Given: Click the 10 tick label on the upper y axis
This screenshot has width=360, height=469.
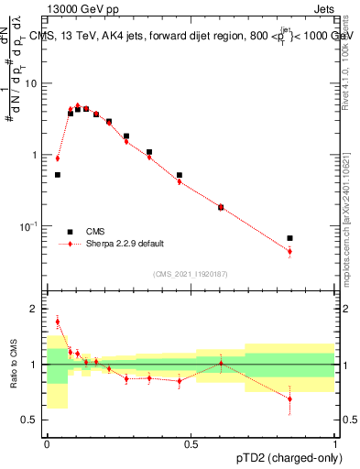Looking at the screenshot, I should pyautogui.click(x=34, y=83).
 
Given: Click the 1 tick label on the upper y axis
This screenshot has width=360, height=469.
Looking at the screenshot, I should pyautogui.click(x=38, y=155).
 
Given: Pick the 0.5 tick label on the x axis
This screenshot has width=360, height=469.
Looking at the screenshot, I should pyautogui.click(x=191, y=444).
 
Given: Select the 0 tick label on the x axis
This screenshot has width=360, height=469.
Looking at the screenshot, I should pyautogui.click(x=47, y=444).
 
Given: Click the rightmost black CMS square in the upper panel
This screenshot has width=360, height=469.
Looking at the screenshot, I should pyautogui.click(x=290, y=238).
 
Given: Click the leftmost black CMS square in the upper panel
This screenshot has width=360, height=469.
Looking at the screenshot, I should pyautogui.click(x=57, y=174).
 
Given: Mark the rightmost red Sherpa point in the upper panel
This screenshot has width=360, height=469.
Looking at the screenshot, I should pyautogui.click(x=290, y=251).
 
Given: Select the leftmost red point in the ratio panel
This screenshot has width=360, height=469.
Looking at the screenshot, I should pyautogui.click(x=57, y=322).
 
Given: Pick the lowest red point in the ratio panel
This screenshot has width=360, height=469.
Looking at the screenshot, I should pyautogui.click(x=290, y=398).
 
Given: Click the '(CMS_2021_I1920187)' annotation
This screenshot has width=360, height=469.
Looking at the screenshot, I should pyautogui.click(x=191, y=273).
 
